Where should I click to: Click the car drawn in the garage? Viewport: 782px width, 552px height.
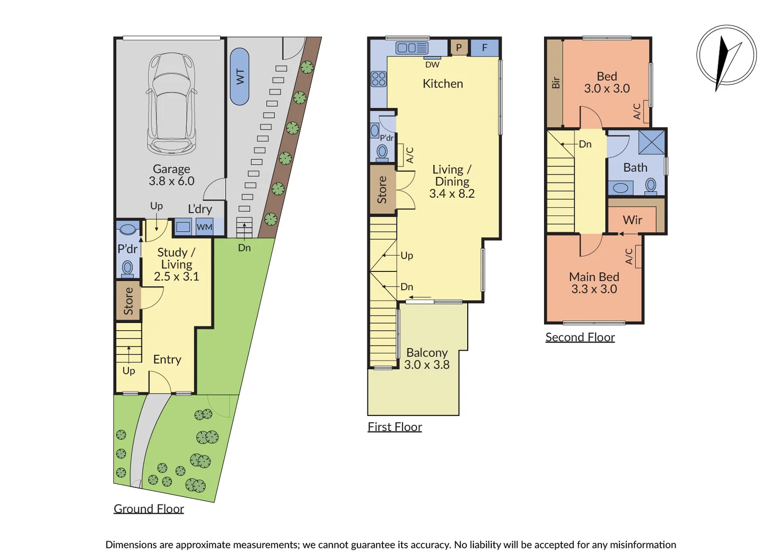point(171,104)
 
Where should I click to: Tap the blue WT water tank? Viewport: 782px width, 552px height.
point(240,76)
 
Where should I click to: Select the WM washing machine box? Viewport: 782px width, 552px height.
point(204,227)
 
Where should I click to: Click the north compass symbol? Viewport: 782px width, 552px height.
point(727,56)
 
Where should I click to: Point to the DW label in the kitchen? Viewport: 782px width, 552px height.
point(432,64)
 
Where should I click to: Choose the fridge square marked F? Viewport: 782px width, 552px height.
point(485,48)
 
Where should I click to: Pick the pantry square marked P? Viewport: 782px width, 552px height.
point(459,48)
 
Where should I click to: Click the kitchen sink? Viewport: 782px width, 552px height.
point(412,48)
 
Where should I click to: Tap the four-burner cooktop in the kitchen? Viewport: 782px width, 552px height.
point(379,79)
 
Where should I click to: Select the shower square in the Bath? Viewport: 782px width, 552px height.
point(652,142)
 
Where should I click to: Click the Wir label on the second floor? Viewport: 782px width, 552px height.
point(632,220)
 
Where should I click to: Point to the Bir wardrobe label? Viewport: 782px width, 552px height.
point(556,83)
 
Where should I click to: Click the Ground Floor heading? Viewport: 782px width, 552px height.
point(149,509)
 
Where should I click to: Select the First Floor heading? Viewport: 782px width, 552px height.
point(395,427)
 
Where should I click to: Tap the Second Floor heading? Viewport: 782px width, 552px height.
point(580,337)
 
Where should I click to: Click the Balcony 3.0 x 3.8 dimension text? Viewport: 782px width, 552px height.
point(427,365)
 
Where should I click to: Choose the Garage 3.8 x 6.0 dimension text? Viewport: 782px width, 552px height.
point(171,181)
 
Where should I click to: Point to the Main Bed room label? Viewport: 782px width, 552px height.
point(594,277)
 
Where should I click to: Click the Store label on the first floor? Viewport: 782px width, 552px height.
point(382,190)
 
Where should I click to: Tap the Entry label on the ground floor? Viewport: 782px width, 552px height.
point(167,360)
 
